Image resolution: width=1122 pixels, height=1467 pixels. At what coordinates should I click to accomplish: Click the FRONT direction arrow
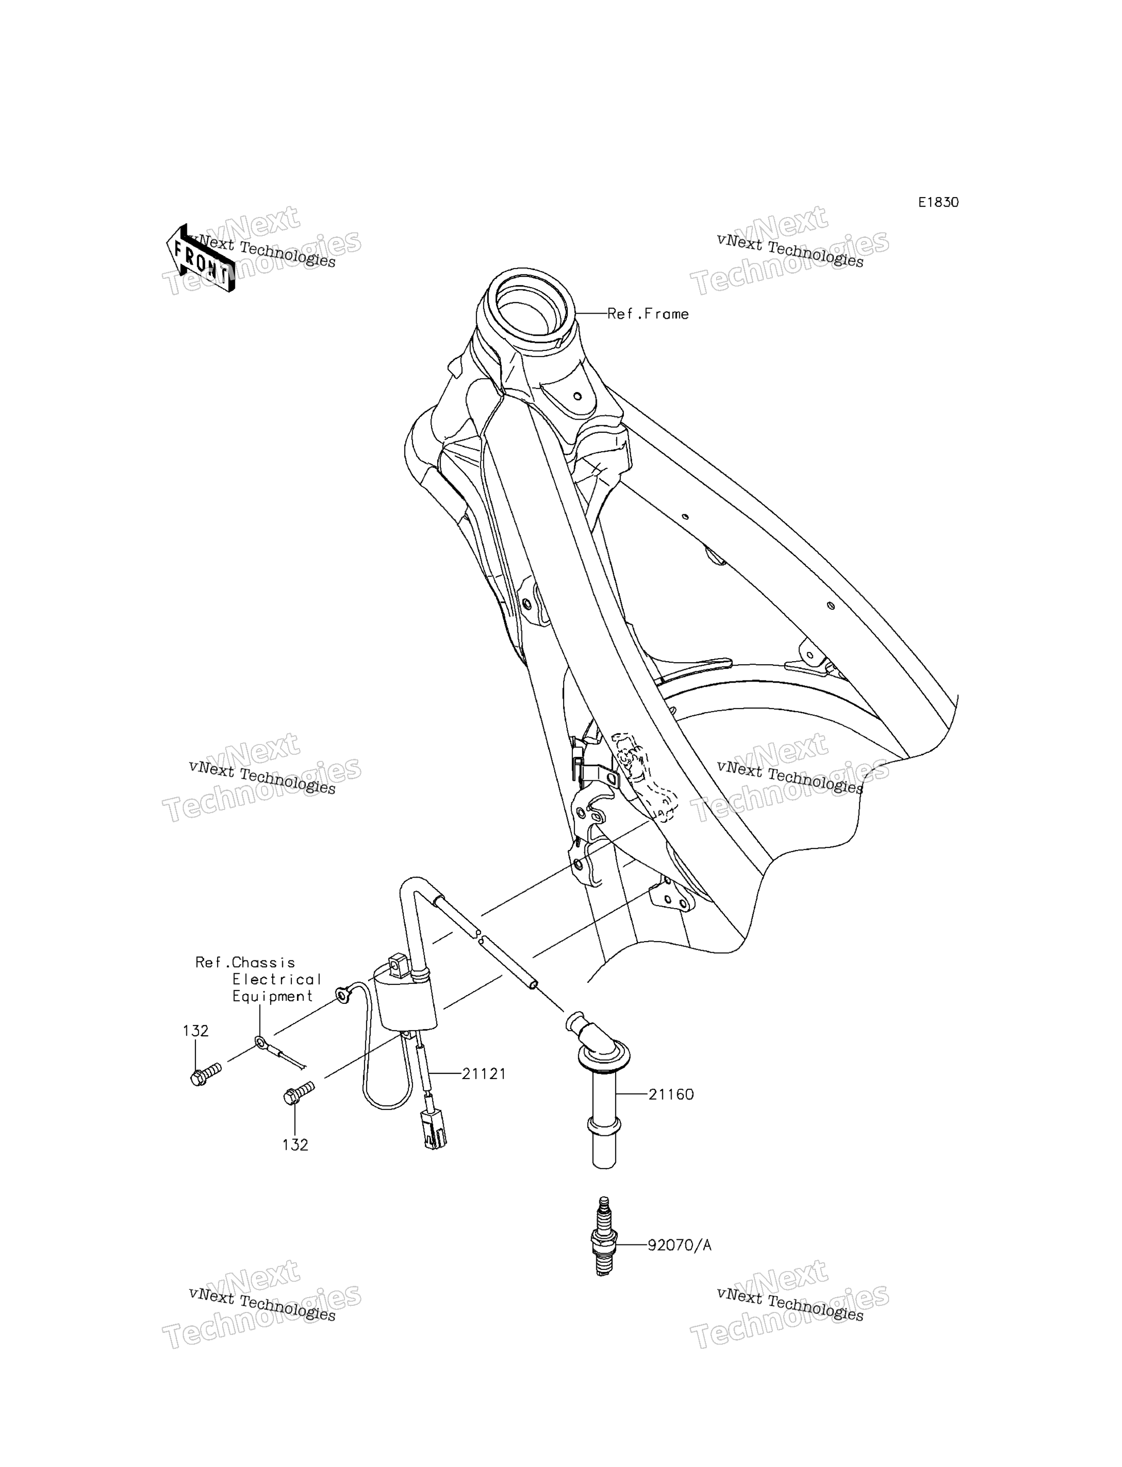(x=200, y=258)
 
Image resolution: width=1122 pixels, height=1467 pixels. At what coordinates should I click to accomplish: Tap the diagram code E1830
(x=938, y=202)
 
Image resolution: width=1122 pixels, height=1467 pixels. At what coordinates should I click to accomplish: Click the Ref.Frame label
(x=648, y=314)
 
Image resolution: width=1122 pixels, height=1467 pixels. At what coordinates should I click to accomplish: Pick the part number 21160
(x=671, y=1094)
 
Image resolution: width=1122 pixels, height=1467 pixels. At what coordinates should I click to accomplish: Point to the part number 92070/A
(x=679, y=1245)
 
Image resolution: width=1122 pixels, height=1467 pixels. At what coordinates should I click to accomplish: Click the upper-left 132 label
(x=196, y=1031)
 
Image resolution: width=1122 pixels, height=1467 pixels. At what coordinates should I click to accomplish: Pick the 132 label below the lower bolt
(x=295, y=1145)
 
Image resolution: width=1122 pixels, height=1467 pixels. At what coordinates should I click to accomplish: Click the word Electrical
(x=277, y=979)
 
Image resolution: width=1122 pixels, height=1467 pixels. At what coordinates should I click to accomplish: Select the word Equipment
(x=272, y=997)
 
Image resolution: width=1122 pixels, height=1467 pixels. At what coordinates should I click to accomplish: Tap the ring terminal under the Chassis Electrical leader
(x=261, y=1042)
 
